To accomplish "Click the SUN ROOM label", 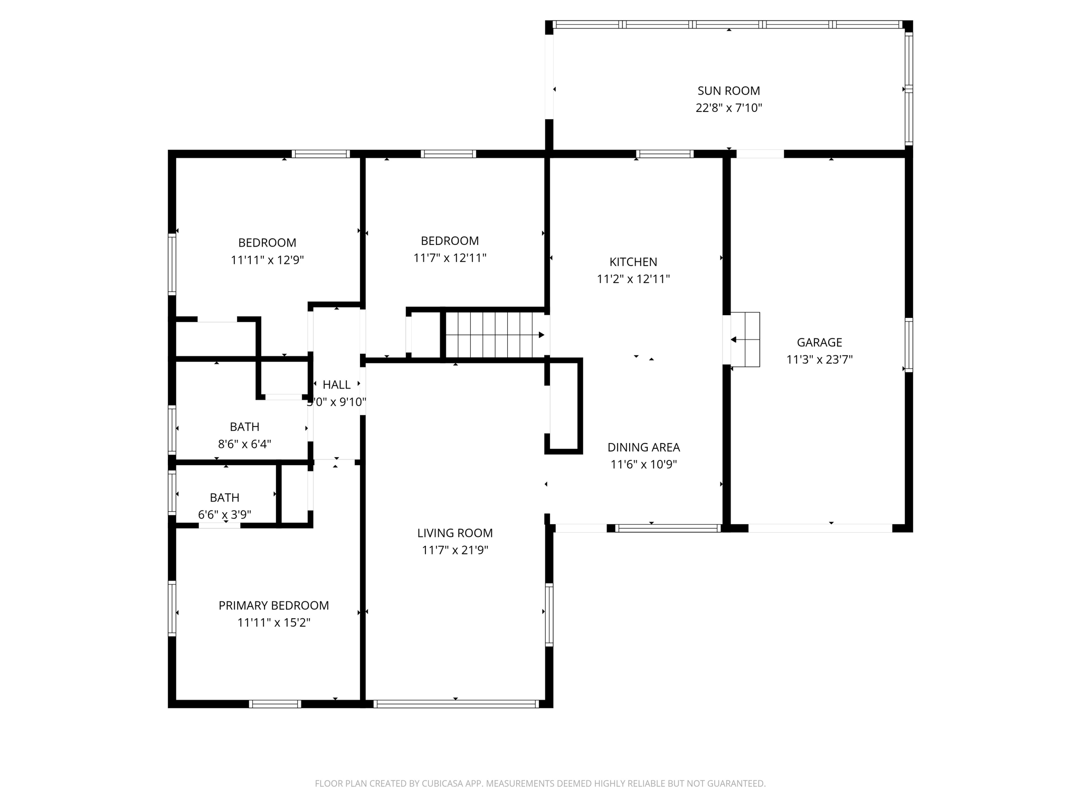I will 728,91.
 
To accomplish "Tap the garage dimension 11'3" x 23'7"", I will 819,360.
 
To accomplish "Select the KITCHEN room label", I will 633,262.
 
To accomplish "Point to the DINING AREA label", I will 643,447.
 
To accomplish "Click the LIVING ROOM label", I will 454,533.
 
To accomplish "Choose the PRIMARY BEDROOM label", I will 273,606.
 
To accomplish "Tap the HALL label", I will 336,385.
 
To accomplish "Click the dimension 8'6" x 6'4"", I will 244,444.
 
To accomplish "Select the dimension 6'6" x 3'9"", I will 224,515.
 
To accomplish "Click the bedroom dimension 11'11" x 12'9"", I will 267,260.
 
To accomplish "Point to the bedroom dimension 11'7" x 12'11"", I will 450,258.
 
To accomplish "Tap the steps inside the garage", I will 745,340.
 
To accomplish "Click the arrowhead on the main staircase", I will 541,335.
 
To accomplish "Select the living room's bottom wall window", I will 455,703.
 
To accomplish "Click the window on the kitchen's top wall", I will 665,154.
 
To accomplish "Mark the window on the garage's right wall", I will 908,345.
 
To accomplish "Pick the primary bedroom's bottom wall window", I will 274,703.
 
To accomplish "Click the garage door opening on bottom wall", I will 820,528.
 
